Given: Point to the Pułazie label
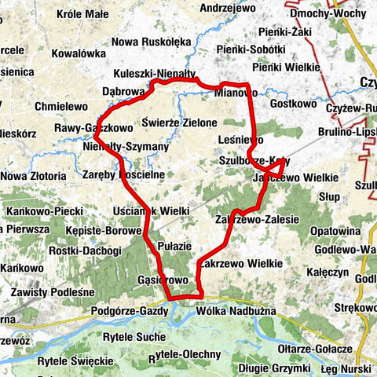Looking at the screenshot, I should [174, 246].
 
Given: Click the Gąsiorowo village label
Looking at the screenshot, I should [161, 280].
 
